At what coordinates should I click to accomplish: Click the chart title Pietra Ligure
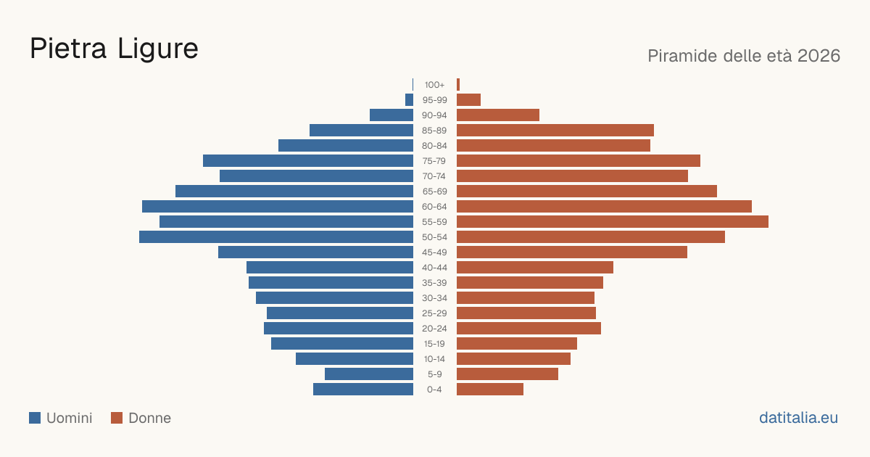pyautogui.click(x=114, y=49)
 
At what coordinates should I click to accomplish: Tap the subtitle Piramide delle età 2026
pyautogui.click(x=744, y=56)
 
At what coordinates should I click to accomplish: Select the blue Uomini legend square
pyautogui.click(x=35, y=418)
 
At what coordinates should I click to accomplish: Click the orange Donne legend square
pyautogui.click(x=117, y=418)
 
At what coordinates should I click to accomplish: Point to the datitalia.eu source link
pyautogui.click(x=798, y=418)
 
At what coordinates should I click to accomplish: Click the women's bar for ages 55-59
pyautogui.click(x=613, y=222)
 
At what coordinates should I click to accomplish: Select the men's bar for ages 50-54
pyautogui.click(x=276, y=237)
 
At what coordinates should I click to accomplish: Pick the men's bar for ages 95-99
pyautogui.click(x=410, y=100)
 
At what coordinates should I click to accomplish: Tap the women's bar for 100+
pyautogui.click(x=458, y=85)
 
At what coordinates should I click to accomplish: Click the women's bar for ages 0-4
pyautogui.click(x=490, y=390)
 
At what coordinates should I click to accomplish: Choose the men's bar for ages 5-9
pyautogui.click(x=369, y=374)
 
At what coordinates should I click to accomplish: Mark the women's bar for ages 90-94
pyautogui.click(x=498, y=115)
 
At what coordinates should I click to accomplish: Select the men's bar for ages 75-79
pyautogui.click(x=308, y=161)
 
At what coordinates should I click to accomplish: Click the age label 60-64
pyautogui.click(x=434, y=207)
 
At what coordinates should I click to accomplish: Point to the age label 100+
pyautogui.click(x=434, y=85)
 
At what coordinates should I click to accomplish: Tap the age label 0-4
pyautogui.click(x=434, y=390)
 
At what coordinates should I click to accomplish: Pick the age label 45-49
pyautogui.click(x=434, y=252)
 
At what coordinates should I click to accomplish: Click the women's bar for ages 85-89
pyautogui.click(x=555, y=130)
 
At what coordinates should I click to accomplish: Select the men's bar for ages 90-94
pyautogui.click(x=391, y=115)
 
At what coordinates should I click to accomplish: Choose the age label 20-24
pyautogui.click(x=434, y=329)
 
